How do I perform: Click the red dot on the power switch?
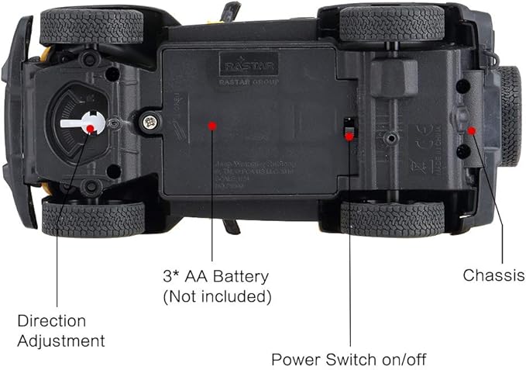[x=349, y=136]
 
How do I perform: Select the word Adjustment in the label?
[x=61, y=341]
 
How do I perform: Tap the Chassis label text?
[x=493, y=275]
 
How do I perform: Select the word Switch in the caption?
[x=346, y=359]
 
